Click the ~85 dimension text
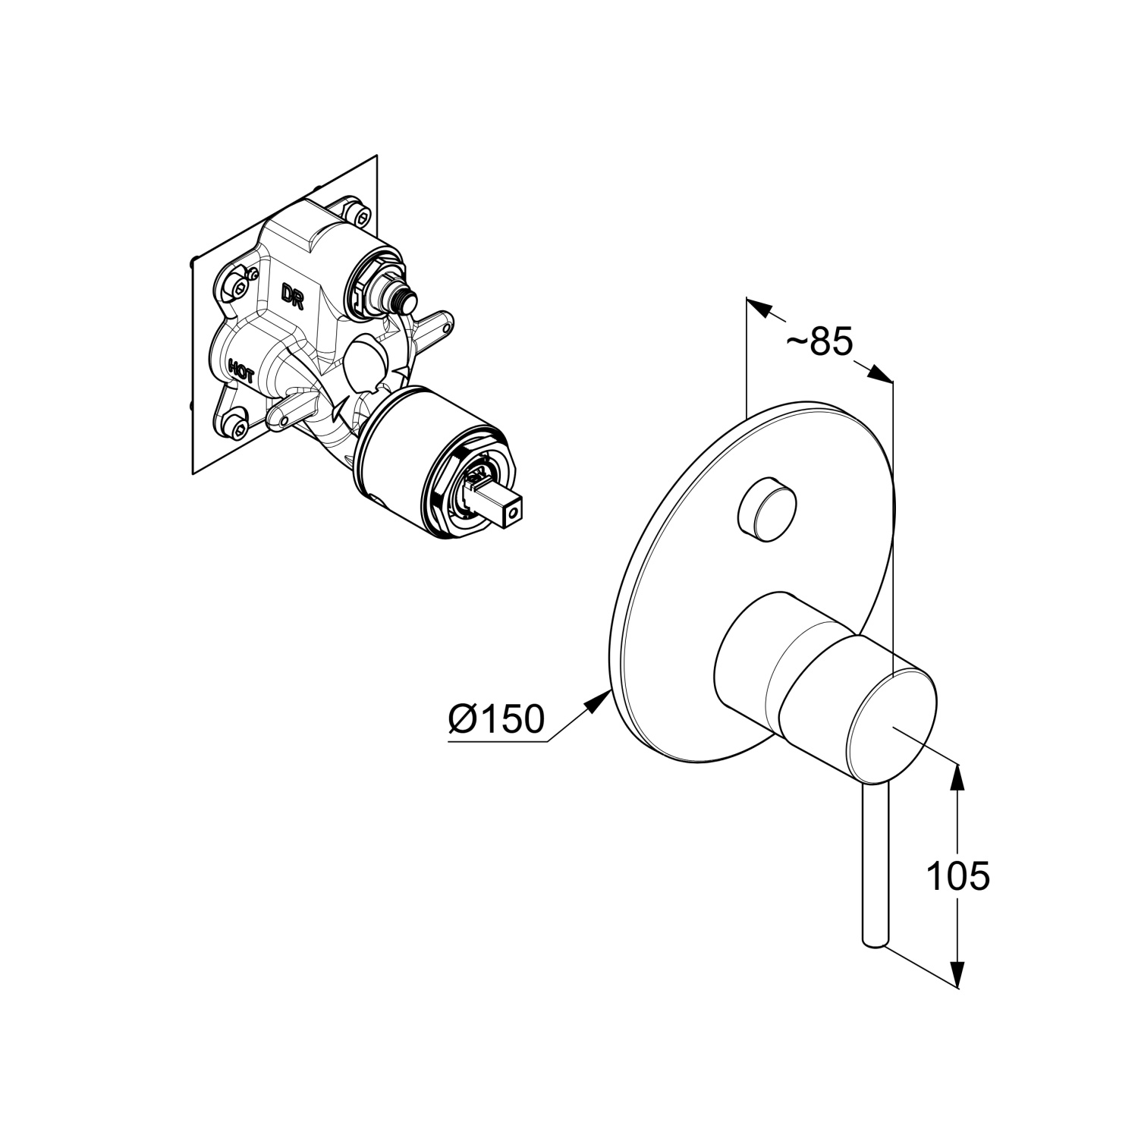(819, 342)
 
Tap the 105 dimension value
(958, 877)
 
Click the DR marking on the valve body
(293, 295)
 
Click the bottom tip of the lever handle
(875, 941)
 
